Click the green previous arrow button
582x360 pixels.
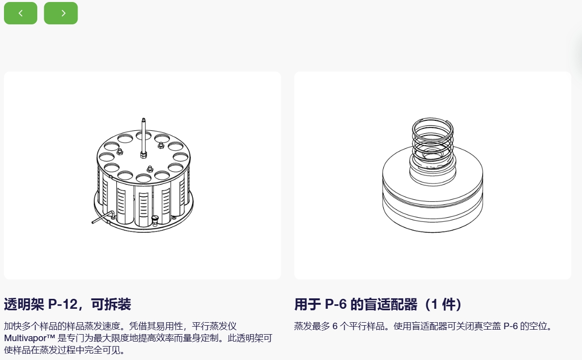[x=20, y=13]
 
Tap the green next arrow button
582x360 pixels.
[x=61, y=13]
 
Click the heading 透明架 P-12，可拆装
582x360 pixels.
[x=68, y=304]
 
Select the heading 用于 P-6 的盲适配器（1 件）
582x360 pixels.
[x=378, y=304]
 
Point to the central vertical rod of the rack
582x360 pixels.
[x=144, y=138]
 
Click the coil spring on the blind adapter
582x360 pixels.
[x=432, y=139]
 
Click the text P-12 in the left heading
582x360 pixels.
[x=63, y=304]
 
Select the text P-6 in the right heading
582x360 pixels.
[x=335, y=304]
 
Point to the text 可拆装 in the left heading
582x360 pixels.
[x=111, y=304]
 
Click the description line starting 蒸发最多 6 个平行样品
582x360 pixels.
[x=423, y=326]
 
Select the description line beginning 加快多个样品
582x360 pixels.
[x=120, y=326]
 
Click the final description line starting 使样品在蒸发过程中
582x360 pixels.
[x=64, y=350]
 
